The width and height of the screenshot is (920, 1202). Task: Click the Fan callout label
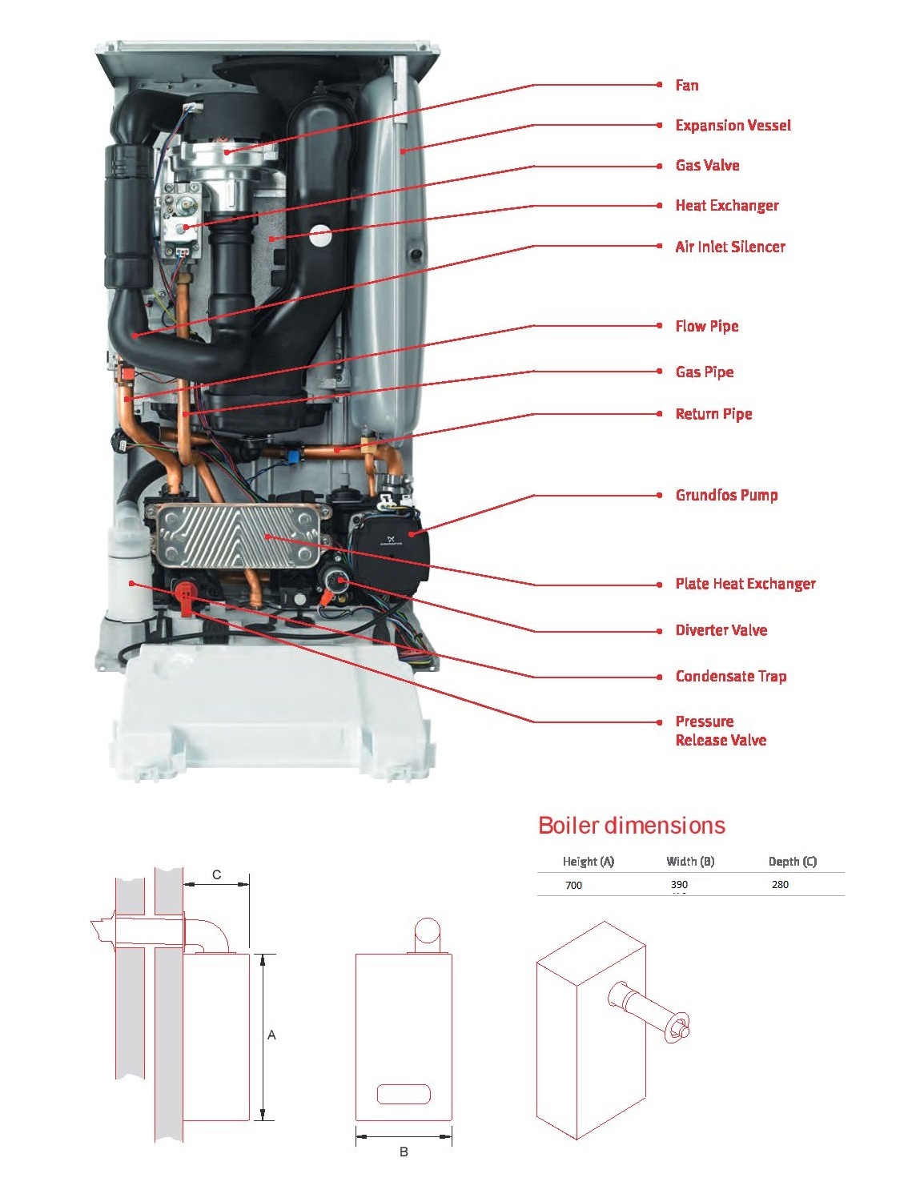pos(686,85)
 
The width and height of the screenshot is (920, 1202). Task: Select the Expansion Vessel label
pos(733,125)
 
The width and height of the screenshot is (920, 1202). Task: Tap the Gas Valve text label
pos(707,165)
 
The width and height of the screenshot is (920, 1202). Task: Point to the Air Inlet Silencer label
pos(729,247)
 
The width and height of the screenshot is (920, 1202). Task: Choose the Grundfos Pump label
pos(726,495)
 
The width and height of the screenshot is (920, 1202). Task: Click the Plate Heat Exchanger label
pos(745,584)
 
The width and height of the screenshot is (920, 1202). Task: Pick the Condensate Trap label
pos(730,677)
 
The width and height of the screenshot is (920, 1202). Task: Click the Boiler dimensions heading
pos(631,826)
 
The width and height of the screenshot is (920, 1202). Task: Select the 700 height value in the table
pos(573,885)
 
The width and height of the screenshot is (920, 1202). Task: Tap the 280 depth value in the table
pos(780,885)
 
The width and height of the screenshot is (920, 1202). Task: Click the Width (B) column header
pos(690,862)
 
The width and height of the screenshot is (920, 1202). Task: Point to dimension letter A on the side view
pos(271,1035)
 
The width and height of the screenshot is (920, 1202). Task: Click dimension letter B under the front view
pos(404,1152)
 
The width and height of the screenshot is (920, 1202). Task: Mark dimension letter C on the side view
pos(216,874)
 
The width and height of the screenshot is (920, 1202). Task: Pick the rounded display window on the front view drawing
pos(404,1094)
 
